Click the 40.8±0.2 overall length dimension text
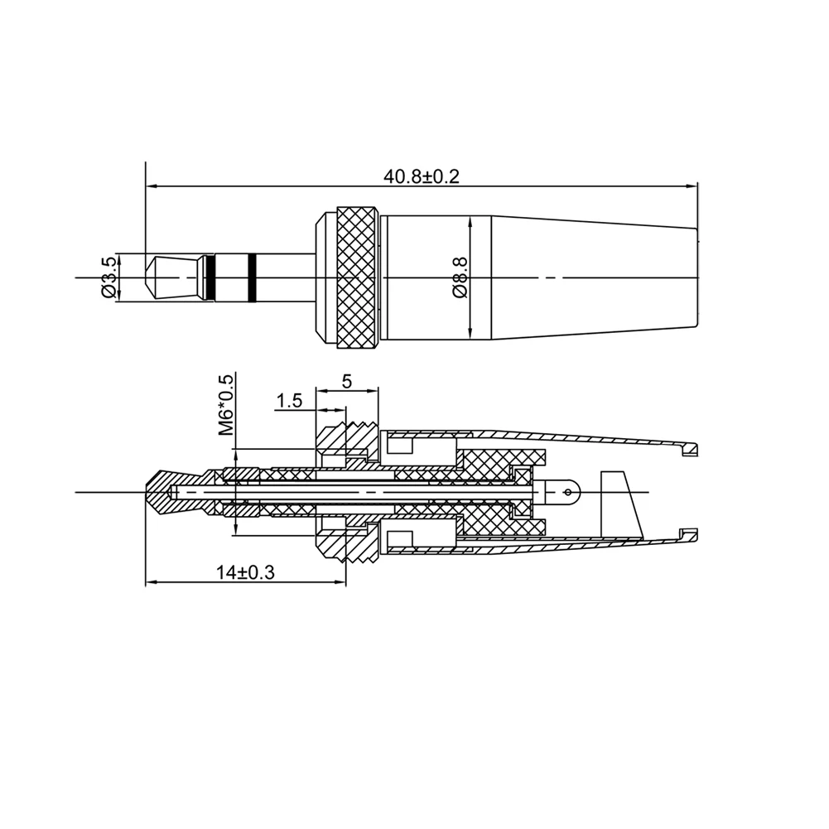422,176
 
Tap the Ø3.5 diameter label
109,277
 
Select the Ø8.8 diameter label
460,277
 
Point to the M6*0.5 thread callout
226,405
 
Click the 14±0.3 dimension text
245,572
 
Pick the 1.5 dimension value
289,401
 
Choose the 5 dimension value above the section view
347,381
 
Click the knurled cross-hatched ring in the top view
358,277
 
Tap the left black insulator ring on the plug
211,278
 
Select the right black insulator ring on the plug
253,278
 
